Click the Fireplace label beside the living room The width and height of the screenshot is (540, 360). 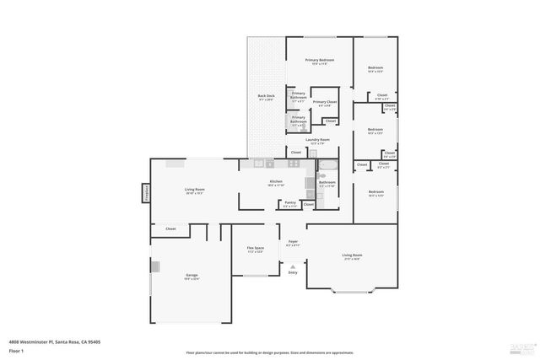tap(145, 193)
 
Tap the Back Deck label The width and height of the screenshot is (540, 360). tap(266, 97)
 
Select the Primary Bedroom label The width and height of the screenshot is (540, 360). tap(319, 60)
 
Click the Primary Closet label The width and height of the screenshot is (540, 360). tap(325, 102)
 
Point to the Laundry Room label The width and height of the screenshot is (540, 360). tap(318, 140)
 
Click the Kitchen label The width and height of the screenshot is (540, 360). tap(276, 182)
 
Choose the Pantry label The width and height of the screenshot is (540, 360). tap(289, 202)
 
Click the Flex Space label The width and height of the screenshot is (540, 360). tap(256, 249)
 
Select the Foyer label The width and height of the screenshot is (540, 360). tap(293, 242)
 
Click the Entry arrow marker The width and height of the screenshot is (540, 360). tap(293, 266)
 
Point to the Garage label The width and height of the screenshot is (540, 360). tap(192, 276)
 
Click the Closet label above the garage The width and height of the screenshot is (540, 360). tap(170, 228)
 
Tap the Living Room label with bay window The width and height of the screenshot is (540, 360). tap(352, 255)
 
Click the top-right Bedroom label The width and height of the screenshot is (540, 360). tap(375, 68)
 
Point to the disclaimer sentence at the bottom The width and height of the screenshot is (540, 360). tap(270, 352)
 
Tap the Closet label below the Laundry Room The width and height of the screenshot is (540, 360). tap(296, 152)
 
